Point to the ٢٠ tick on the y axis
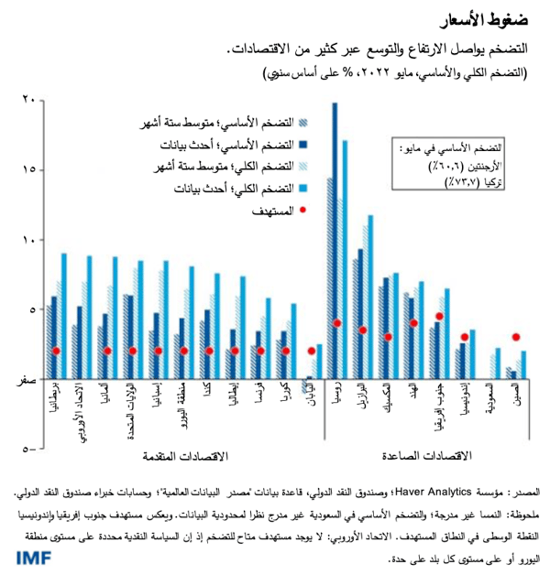pos(27,100)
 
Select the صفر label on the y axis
pos(25,379)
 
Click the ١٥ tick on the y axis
pos(27,170)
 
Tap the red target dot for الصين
pos(516,337)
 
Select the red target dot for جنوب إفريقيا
pos(439,317)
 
